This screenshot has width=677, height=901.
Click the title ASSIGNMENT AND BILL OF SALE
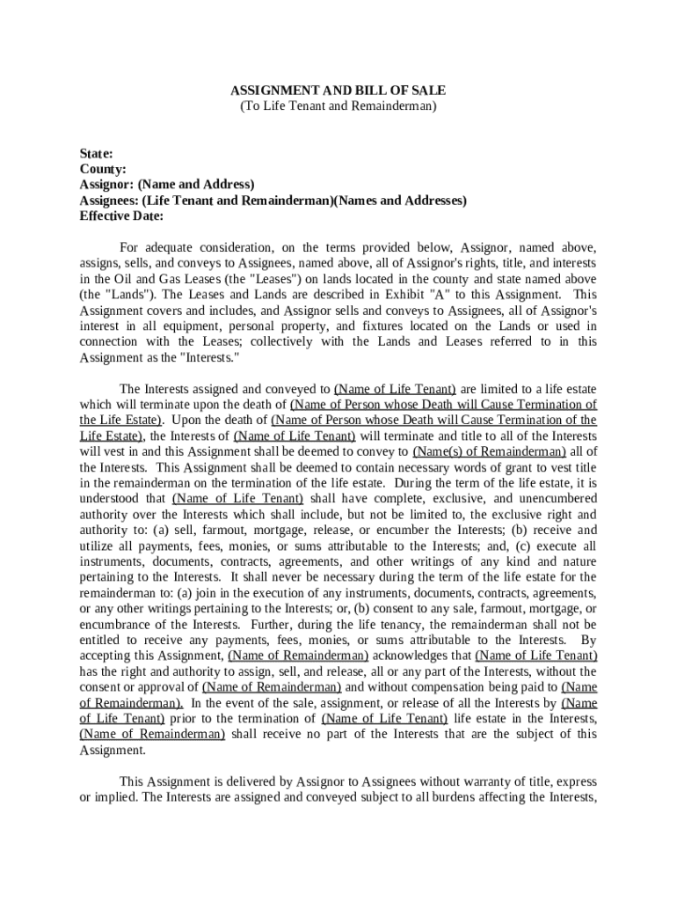(338, 90)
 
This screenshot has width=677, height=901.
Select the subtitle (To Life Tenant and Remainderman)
(338, 106)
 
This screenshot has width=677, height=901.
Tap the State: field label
(96, 153)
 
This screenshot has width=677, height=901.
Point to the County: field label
(103, 169)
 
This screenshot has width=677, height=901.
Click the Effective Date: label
(122, 216)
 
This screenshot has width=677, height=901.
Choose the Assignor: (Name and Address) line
(167, 185)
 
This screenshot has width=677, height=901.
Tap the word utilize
(100, 546)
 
